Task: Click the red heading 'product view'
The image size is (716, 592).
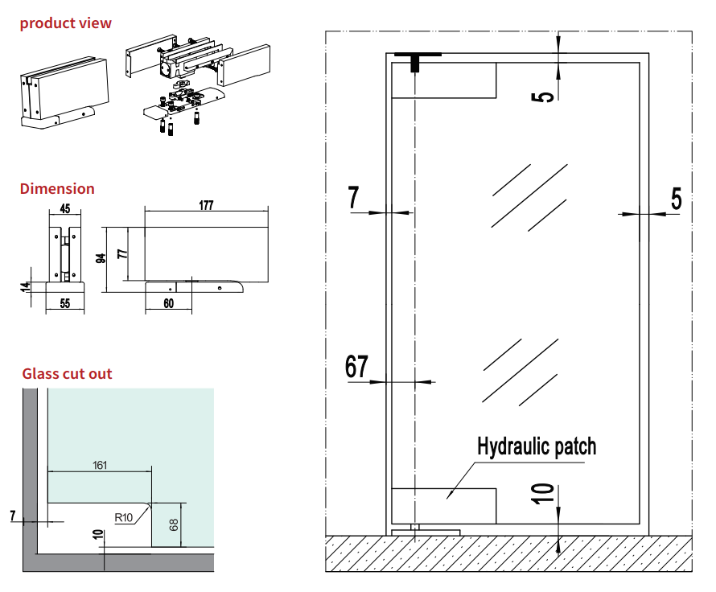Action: [66, 23]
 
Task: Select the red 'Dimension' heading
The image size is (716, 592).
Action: [57, 189]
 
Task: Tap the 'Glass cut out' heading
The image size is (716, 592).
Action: [67, 374]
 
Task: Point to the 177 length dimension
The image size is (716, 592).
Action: [206, 206]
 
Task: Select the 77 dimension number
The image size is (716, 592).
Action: [122, 253]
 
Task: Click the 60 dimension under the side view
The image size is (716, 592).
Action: [169, 303]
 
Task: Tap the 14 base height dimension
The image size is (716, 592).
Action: [26, 286]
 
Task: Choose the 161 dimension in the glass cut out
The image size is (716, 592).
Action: [100, 465]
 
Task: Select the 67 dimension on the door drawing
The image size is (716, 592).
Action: [356, 367]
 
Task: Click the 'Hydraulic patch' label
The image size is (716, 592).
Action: [537, 446]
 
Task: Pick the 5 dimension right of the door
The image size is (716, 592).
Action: [676, 199]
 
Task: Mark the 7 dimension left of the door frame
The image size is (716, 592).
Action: [354, 198]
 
